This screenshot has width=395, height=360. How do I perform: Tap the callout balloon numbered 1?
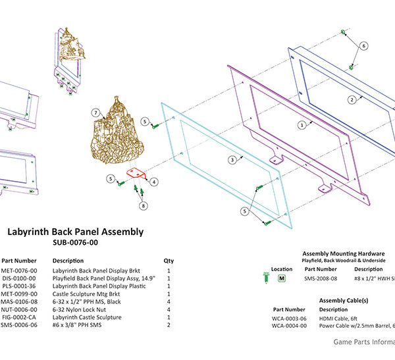click(x=302, y=124)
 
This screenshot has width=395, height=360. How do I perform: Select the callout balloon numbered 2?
click(x=352, y=99)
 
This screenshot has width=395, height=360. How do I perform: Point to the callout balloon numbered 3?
click(x=232, y=159)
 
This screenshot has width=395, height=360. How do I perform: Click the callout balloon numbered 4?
click(x=153, y=181)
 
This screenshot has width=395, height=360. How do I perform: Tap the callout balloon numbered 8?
click(x=142, y=205)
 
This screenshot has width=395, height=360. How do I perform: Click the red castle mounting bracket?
click(x=135, y=174)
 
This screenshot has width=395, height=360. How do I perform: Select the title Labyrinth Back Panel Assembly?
click(x=74, y=232)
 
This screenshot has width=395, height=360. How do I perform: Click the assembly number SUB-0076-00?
click(x=74, y=242)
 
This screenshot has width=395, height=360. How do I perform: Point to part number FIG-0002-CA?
click(x=18, y=316)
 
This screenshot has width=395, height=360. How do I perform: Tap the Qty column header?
click(x=169, y=260)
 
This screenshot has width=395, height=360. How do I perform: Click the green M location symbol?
click(x=282, y=278)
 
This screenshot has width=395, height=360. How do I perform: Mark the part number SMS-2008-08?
click(x=321, y=278)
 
